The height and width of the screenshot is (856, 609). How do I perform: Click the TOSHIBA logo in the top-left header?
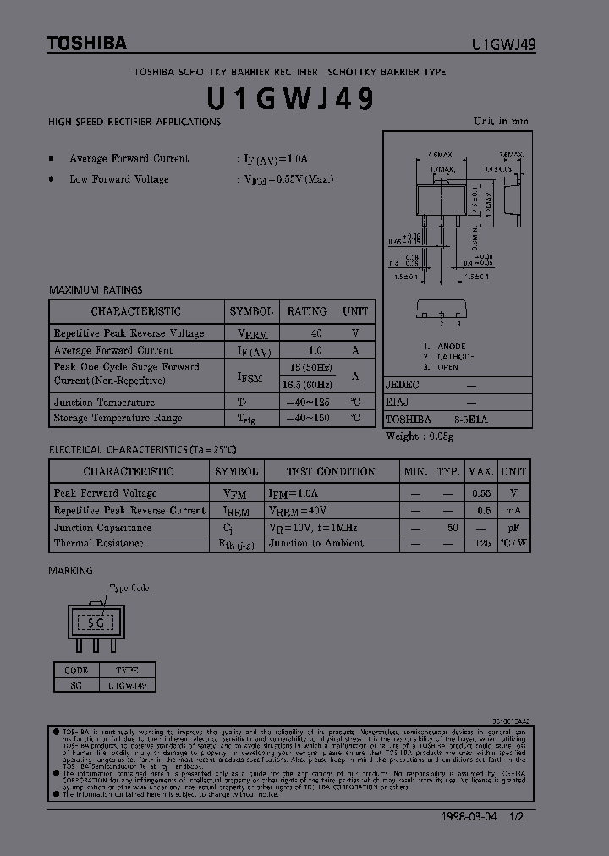click(x=86, y=42)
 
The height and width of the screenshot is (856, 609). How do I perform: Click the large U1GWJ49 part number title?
click(x=290, y=99)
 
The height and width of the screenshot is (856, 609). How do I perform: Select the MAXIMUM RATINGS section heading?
click(x=96, y=289)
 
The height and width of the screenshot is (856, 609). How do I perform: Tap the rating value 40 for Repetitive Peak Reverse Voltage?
click(x=316, y=333)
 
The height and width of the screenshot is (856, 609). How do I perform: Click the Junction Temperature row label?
click(x=104, y=403)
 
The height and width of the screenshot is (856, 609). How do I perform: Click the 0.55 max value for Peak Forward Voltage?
click(x=480, y=493)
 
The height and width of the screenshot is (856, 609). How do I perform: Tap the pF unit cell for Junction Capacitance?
click(x=513, y=527)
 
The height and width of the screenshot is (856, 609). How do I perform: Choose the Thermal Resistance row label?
click(x=98, y=544)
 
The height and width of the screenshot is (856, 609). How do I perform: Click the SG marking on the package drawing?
click(x=98, y=623)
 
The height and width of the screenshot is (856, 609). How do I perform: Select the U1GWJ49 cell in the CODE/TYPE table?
click(x=127, y=685)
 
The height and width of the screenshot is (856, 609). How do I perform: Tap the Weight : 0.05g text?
click(x=420, y=436)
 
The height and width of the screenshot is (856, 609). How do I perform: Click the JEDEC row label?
click(x=403, y=385)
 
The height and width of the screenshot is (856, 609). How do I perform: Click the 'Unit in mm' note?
click(x=501, y=121)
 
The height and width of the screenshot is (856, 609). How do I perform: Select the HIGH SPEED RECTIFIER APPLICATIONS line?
click(x=134, y=122)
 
